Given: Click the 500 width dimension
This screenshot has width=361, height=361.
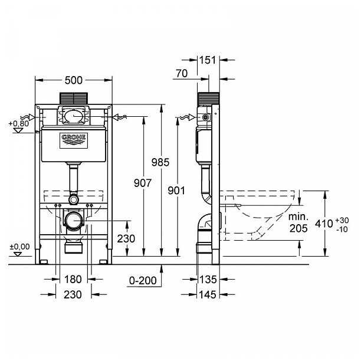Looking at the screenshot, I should click(74, 80).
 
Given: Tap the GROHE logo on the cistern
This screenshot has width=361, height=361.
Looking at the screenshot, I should click(74, 140).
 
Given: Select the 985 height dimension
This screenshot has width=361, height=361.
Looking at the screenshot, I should click(159, 162).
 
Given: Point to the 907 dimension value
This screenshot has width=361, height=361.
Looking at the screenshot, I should click(142, 183).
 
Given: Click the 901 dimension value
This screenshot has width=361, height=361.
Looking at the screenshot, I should click(176, 190).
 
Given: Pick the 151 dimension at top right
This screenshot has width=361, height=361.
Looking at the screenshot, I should click(208, 60).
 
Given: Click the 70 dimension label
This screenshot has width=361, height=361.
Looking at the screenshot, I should click(182, 74).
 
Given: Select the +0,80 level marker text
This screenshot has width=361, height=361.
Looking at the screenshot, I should click(19, 123).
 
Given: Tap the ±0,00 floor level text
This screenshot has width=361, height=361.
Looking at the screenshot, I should click(19, 246).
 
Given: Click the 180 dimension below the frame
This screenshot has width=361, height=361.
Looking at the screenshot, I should click(74, 279).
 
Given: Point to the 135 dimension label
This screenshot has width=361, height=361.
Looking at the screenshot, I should click(209, 279).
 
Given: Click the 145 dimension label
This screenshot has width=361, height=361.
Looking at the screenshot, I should click(209, 293).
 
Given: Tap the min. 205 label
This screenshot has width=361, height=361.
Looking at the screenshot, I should click(298, 222).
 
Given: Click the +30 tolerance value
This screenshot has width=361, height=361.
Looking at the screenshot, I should click(341, 219).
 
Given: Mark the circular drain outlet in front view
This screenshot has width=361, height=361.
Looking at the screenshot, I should click(74, 222).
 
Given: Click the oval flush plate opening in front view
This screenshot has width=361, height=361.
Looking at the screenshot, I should click(74, 117).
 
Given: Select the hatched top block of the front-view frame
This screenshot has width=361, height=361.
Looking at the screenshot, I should click(74, 98).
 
